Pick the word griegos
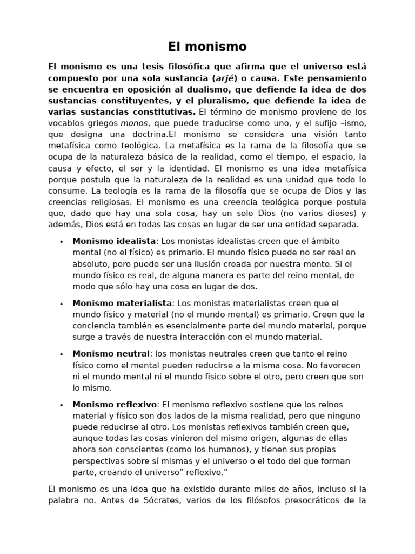[103, 123]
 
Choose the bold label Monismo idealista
[114, 241]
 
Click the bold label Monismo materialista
[122, 303]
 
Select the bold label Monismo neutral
[111, 354]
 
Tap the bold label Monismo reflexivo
[115, 405]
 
